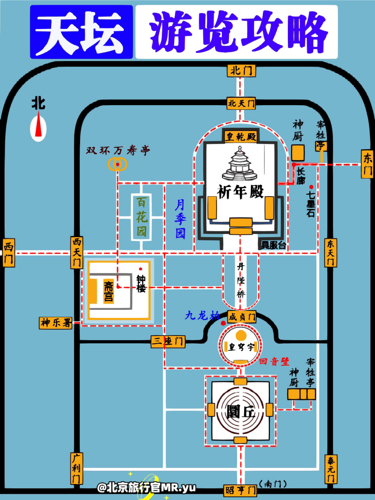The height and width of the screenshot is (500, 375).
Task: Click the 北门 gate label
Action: coord(241,71)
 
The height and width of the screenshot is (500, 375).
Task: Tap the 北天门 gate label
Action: coord(241,103)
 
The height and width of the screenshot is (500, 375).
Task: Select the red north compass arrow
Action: coord(38,124)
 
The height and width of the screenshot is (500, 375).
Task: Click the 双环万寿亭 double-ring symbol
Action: coord(118,164)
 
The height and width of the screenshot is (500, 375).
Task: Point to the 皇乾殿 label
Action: coord(241,136)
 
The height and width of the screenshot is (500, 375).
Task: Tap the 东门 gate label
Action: coord(367,164)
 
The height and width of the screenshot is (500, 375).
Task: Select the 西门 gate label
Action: coord(8,253)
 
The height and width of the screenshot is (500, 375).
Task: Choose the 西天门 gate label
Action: coord(77,252)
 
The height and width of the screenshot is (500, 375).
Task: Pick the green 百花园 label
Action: coord(141,217)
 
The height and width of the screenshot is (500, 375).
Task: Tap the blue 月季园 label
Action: coord(180,218)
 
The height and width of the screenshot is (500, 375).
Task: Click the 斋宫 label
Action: coord(109,291)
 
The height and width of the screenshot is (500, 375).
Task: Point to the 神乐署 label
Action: coord(56,323)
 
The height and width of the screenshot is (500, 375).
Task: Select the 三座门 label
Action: coord(168,341)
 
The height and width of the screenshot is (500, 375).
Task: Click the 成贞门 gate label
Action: coord(241,317)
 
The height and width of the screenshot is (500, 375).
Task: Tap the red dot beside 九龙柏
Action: coord(223,323)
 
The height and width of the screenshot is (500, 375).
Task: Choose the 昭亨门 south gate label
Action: coord(241,490)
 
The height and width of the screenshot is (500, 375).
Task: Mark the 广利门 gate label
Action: coord(76,468)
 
